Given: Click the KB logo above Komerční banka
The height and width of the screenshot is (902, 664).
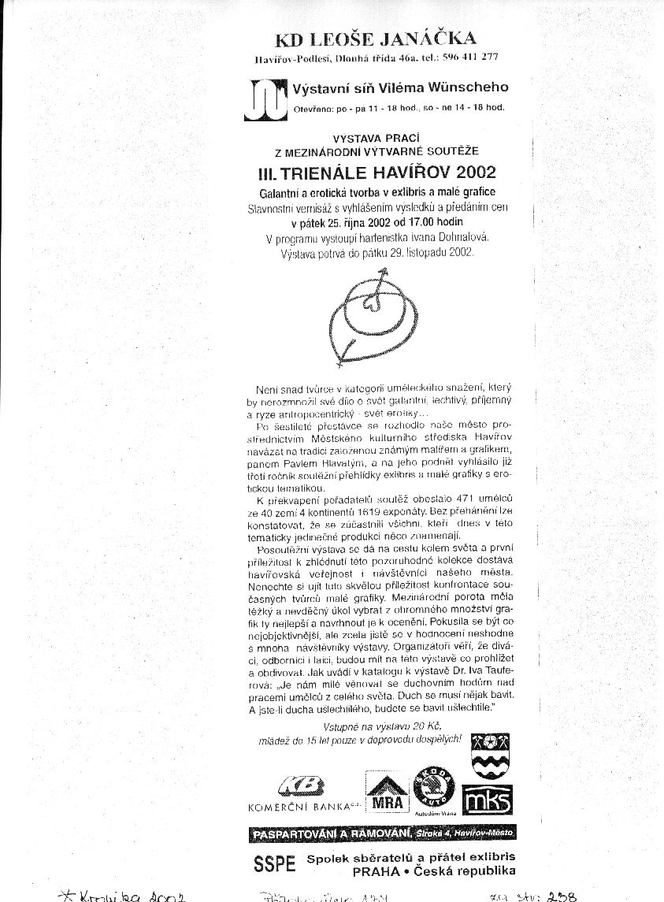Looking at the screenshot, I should pyautogui.click(x=301, y=786).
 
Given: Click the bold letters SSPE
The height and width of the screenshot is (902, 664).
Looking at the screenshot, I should pyautogui.click(x=274, y=863).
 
